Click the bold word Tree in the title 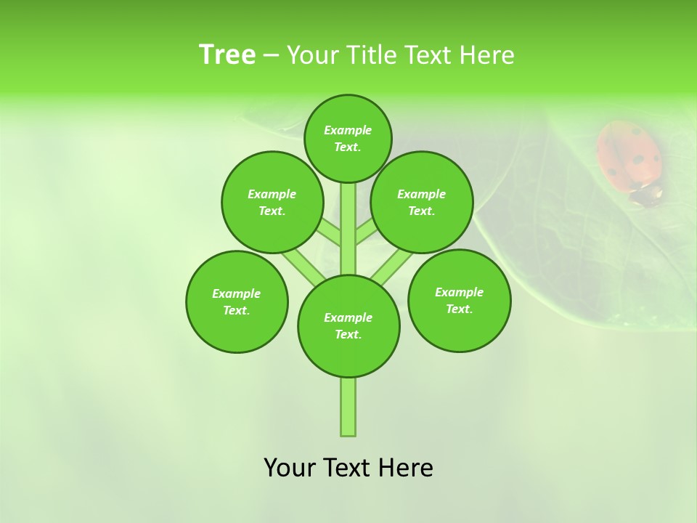tap(227, 54)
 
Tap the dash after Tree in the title tap(271, 55)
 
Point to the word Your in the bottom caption tap(290, 468)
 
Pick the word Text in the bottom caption tap(348, 468)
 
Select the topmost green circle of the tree tap(348, 138)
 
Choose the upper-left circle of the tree tap(272, 202)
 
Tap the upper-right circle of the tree tap(422, 202)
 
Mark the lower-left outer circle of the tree tap(237, 301)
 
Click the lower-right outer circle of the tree tap(460, 300)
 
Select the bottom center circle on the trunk tap(348, 326)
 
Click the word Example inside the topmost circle tap(348, 130)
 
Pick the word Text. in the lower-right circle tap(460, 309)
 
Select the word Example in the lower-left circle tap(236, 293)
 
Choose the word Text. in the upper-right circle tap(422, 211)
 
